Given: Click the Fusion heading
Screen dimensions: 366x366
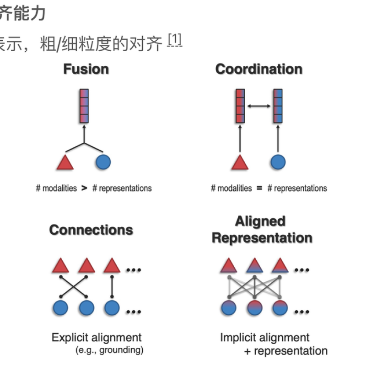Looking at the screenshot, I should pyautogui.click(x=86, y=69).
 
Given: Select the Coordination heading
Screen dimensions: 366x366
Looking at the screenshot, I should pyautogui.click(x=258, y=69).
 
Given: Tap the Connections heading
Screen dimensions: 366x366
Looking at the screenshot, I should pyautogui.click(x=91, y=230).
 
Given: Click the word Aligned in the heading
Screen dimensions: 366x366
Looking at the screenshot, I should pyautogui.click(x=260, y=221).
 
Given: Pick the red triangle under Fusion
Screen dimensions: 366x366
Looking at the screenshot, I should pyautogui.click(x=65, y=162).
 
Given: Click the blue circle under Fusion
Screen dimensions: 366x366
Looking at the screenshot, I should pyautogui.click(x=103, y=161).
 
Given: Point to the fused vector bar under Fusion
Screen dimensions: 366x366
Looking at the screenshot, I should pyautogui.click(x=84, y=106).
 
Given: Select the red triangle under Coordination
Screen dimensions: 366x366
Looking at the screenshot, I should pyautogui.click(x=239, y=162).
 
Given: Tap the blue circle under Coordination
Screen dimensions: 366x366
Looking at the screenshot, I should pyautogui.click(x=278, y=162).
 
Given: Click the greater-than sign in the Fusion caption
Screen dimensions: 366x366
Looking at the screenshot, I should pyautogui.click(x=84, y=188).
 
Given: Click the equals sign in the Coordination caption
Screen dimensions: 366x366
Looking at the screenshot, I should pyautogui.click(x=259, y=188).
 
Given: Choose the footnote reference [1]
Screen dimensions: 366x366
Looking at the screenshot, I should pyautogui.click(x=174, y=41).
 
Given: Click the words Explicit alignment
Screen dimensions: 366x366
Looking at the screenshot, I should pyautogui.click(x=97, y=338).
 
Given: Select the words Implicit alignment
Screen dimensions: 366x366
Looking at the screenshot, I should pyautogui.click(x=265, y=338).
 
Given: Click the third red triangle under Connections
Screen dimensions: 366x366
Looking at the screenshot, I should pyautogui.click(x=112, y=265).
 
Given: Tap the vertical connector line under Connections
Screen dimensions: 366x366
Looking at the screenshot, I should pyautogui.click(x=112, y=287).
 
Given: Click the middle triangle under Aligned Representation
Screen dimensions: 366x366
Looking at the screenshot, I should pyautogui.click(x=254, y=265).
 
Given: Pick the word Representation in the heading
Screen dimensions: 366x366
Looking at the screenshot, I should pyautogui.click(x=262, y=238).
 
